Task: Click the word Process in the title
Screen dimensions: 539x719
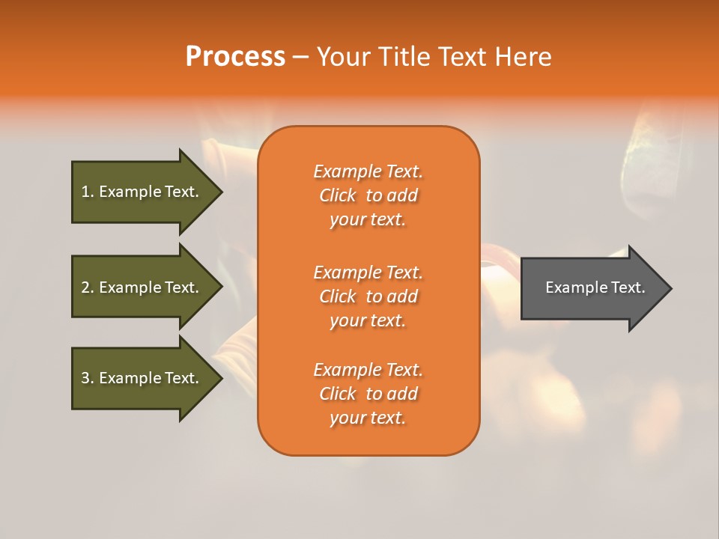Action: point(235,57)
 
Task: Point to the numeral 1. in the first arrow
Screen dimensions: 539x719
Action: point(88,192)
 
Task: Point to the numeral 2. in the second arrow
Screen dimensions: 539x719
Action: point(88,287)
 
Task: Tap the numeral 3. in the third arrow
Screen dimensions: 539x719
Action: point(88,378)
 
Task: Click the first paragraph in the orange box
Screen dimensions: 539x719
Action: point(368,195)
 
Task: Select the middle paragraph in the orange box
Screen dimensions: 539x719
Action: point(368,296)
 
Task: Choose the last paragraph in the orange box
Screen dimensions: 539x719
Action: point(368,394)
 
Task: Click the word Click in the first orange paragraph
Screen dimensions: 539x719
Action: point(338,195)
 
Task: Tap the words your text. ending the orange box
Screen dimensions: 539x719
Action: point(368,418)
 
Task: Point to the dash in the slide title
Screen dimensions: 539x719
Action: point(300,57)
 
